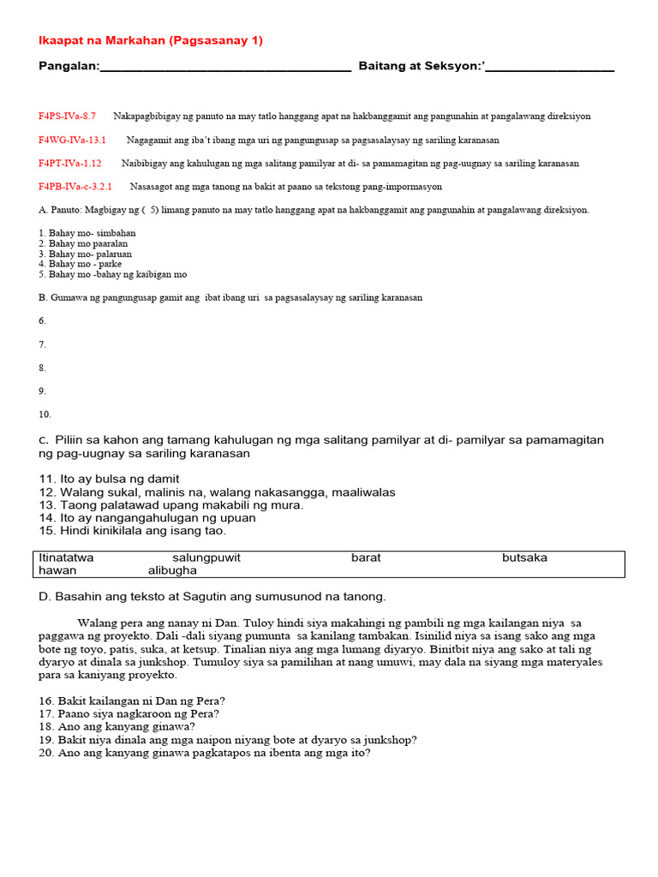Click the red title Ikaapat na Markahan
point(151,40)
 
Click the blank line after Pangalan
point(225,69)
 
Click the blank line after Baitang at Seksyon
point(549,69)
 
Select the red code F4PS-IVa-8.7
point(67,116)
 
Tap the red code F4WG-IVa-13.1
point(72,140)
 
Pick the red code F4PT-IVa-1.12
point(69,163)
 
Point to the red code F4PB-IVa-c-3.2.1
point(75,186)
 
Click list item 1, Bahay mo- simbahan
point(87,233)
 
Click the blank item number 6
point(43,320)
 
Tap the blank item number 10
point(45,414)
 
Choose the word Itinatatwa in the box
point(67,558)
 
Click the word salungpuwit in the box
point(206,558)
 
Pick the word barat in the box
point(366,558)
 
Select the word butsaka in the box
point(524,558)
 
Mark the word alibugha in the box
point(172,570)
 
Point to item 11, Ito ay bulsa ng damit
point(109,479)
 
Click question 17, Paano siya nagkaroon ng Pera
point(129,713)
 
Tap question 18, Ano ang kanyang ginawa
point(117,726)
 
